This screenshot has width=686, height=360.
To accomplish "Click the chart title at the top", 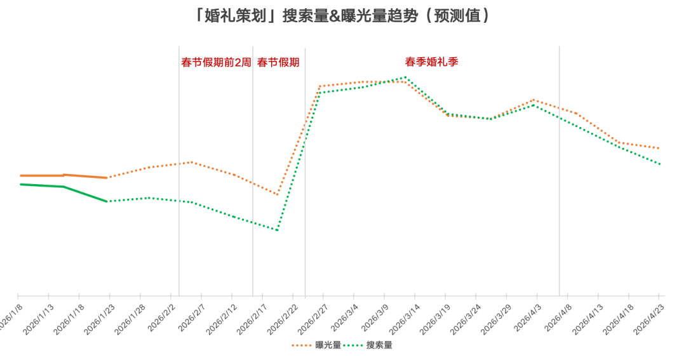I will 343,16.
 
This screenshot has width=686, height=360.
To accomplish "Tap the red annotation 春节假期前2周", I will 216,62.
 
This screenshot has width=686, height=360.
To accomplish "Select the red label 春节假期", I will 278,62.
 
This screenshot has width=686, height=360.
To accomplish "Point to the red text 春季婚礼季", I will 431,62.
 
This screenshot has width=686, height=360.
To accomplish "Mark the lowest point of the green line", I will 278,230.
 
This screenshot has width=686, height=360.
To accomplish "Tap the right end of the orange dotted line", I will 659,148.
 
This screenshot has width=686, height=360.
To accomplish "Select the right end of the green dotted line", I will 661,164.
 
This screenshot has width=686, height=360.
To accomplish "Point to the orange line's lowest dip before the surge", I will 278,194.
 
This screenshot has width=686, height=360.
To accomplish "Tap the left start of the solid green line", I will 20,184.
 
